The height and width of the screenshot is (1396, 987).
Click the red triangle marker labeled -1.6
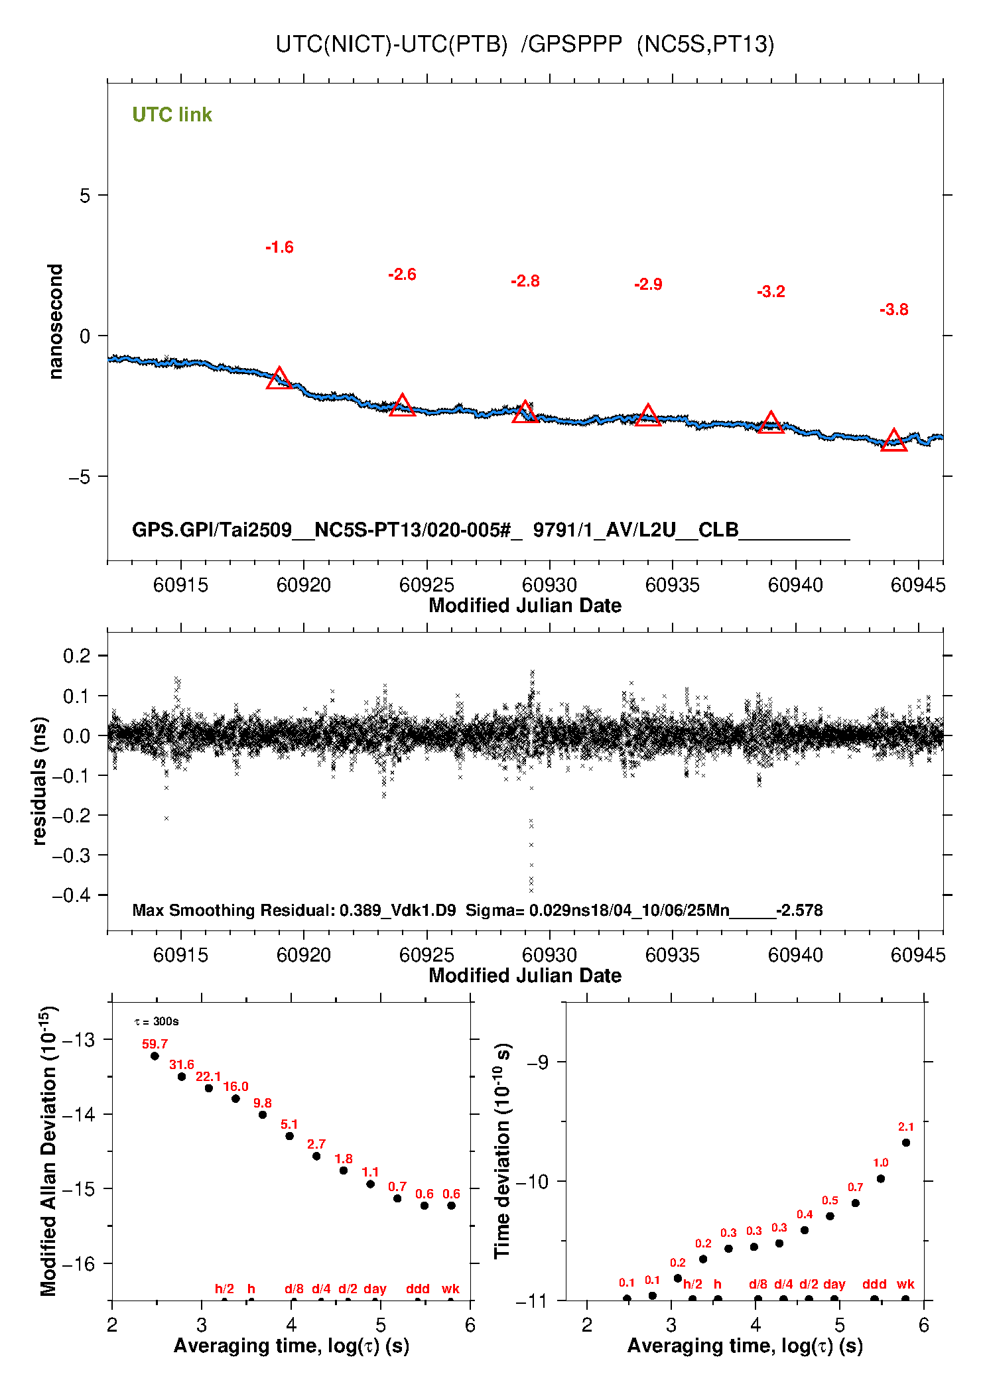tap(279, 379)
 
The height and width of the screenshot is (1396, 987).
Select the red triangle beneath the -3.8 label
tap(893, 441)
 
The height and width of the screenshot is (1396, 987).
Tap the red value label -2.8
tap(525, 281)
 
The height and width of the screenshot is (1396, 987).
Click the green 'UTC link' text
tap(172, 115)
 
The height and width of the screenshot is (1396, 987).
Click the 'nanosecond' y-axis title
tap(56, 322)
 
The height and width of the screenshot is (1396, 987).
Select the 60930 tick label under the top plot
tap(549, 585)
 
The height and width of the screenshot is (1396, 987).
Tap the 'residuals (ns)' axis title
tap(40, 781)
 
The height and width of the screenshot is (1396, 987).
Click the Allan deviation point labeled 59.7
tap(155, 1056)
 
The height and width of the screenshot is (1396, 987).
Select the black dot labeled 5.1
tap(289, 1136)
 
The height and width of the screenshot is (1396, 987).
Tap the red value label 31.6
tap(182, 1064)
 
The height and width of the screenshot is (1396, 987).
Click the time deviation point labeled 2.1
tap(905, 1143)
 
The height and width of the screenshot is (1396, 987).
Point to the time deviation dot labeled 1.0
tap(880, 1178)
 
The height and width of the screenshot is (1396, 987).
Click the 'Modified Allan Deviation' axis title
tap(48, 1151)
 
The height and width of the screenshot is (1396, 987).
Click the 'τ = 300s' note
tap(157, 1021)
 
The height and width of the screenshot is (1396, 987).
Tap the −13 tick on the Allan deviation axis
tap(78, 1039)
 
